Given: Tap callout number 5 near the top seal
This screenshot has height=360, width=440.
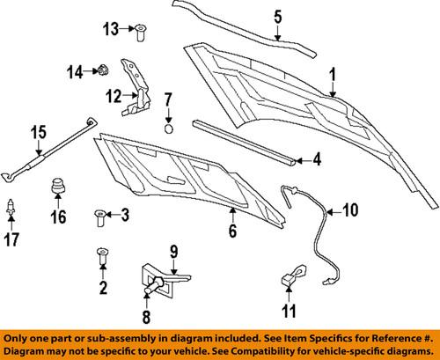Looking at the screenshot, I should coord(277,16).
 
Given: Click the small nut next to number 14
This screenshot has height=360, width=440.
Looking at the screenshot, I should coord(102,68).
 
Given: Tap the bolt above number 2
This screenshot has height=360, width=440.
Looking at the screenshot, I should coord(102,256).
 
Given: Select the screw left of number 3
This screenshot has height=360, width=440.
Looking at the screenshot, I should coord(101,214).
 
